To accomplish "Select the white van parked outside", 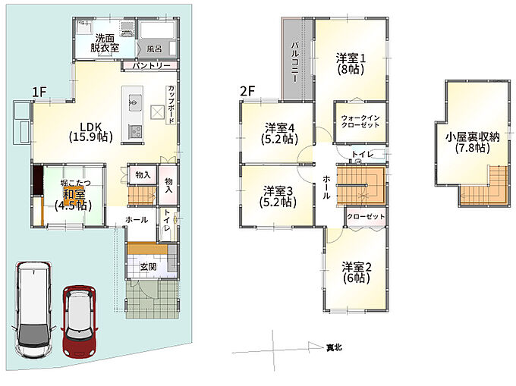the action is pos(33,309).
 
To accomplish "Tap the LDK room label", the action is pos(91,132).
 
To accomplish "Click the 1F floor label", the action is pos(39,92).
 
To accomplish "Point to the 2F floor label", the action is pos(247,91).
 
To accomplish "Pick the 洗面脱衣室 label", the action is pos(105,43).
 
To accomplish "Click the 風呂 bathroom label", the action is pos(154,49).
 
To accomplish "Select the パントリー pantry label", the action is pos(151,65).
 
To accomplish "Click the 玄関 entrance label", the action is pos(148,267).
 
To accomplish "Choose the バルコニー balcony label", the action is pos(294,62).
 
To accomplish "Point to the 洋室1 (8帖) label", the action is pos(351,64).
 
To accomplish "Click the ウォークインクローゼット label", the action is pos(360,121).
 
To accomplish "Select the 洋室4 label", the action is pos(280,127).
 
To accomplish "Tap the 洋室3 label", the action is pos(278,190).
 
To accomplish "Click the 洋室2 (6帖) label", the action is pos(357,272).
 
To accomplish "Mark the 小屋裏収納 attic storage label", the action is pos(473,143).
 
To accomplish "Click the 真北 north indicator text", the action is pos(334,347).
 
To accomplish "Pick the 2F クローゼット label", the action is pos(366,217).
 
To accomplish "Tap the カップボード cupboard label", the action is pos(171,105).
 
